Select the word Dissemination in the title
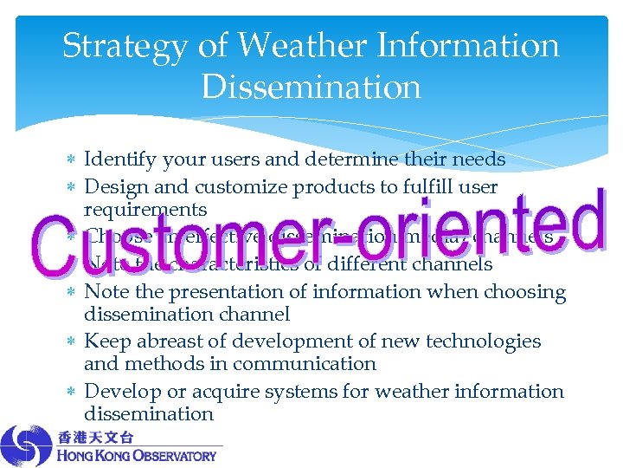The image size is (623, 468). (x=311, y=87)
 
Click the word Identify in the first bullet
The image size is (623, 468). (x=119, y=159)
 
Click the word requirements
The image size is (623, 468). (x=145, y=210)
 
